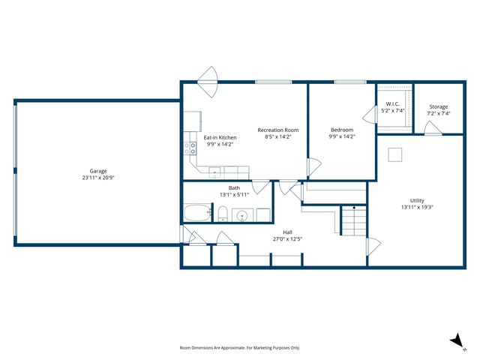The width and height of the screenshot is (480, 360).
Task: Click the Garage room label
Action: click(x=98, y=171)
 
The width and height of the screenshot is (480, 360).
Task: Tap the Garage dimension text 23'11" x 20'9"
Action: click(x=98, y=178)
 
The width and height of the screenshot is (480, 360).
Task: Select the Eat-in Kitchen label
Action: click(x=220, y=137)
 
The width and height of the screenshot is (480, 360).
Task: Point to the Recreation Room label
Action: click(x=279, y=130)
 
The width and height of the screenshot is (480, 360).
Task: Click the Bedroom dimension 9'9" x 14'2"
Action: click(x=341, y=136)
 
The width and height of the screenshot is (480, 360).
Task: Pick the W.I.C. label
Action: click(x=392, y=103)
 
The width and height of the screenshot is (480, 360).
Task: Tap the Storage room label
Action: click(x=439, y=106)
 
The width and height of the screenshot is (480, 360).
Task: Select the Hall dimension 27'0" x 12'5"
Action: click(x=287, y=239)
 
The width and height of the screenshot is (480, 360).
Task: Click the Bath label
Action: click(x=234, y=187)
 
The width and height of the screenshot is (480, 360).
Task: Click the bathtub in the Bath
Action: click(x=196, y=213)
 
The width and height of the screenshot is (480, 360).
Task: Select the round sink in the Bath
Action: click(x=243, y=215)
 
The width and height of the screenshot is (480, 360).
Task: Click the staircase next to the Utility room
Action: click(x=352, y=220)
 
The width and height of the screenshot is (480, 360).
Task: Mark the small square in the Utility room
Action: click(x=394, y=154)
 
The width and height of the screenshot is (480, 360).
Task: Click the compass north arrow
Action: click(x=455, y=340)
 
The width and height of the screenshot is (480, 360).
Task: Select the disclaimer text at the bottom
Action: click(x=240, y=347)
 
